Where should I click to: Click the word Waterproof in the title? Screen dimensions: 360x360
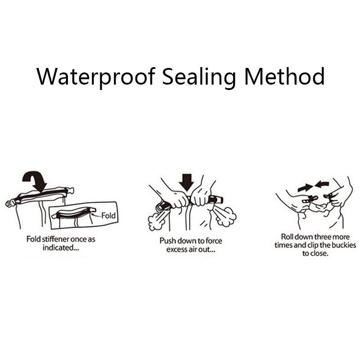[95, 77]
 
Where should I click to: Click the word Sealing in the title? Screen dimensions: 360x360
[199, 77]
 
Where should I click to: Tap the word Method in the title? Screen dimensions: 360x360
[284, 76]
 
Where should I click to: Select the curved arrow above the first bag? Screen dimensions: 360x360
[35, 180]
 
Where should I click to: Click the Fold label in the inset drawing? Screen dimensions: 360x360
[108, 216]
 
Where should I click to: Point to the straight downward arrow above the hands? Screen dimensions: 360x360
[186, 183]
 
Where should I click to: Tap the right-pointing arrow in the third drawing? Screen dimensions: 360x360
[305, 188]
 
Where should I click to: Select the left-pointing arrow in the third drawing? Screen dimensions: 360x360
[322, 184]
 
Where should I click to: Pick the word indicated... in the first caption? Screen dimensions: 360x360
[61, 248]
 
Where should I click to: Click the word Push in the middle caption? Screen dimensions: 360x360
[167, 241]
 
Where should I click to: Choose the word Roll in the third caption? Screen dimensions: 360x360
[287, 237]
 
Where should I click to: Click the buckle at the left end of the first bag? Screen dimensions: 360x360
[9, 203]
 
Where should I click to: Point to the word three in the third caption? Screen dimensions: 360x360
[322, 237]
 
